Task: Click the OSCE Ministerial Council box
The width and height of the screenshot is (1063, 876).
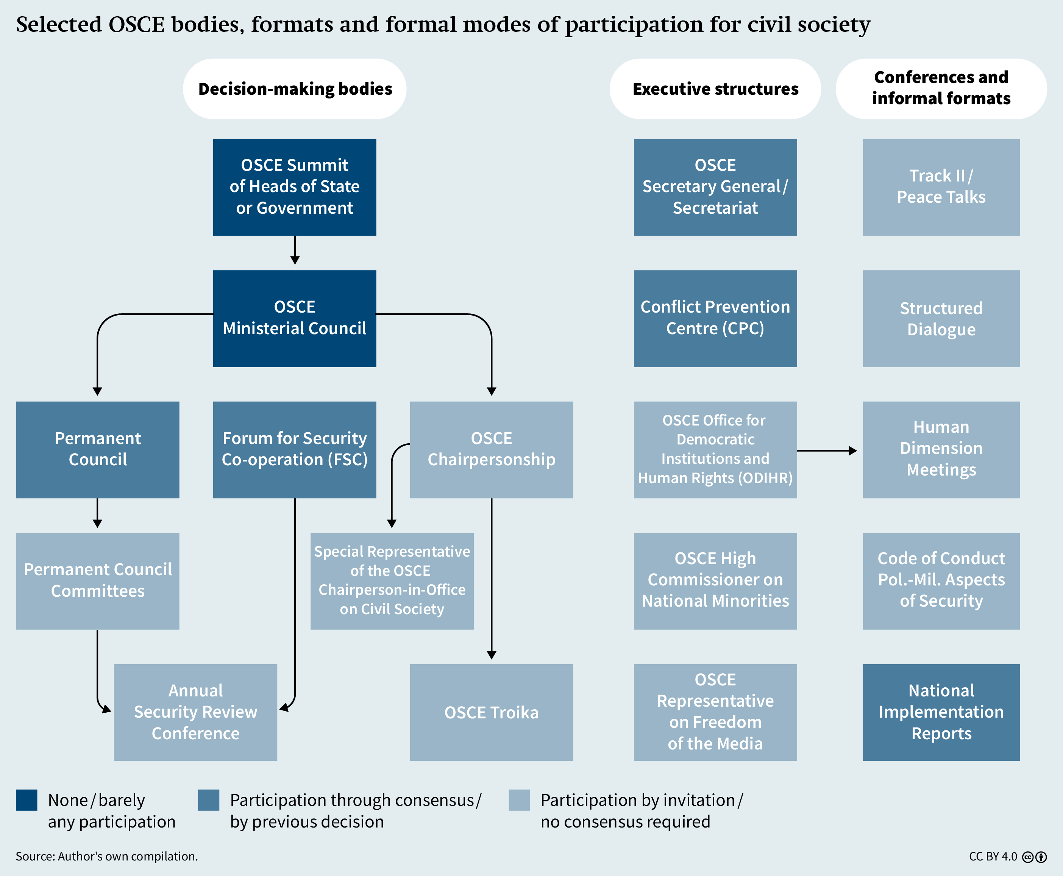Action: click(x=295, y=318)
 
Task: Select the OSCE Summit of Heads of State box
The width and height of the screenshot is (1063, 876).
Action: click(x=295, y=187)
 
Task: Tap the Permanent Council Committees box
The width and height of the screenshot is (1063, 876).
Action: click(x=98, y=581)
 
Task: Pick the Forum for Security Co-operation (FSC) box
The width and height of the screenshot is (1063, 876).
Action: click(x=295, y=450)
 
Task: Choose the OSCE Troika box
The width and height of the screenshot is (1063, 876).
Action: click(x=492, y=712)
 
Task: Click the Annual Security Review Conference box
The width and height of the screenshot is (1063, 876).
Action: click(x=196, y=712)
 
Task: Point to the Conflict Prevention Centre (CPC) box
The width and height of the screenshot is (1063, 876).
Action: click(x=715, y=318)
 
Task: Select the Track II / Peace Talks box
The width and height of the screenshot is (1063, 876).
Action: click(x=941, y=187)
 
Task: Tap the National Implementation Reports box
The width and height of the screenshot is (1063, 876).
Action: click(x=941, y=712)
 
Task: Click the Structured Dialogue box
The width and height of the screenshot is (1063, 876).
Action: click(x=941, y=318)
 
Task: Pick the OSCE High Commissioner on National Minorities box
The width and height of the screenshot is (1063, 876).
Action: click(x=715, y=581)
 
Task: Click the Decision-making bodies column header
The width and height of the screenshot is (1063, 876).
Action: click(x=295, y=89)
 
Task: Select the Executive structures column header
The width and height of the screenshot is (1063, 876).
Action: click(x=715, y=89)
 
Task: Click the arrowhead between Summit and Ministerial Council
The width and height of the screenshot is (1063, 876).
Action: click(x=295, y=260)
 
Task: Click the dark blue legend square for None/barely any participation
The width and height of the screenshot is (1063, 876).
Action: click(x=27, y=800)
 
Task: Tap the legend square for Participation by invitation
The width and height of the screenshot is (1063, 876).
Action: click(x=520, y=800)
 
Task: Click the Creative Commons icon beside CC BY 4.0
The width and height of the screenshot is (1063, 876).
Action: click(x=1028, y=857)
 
